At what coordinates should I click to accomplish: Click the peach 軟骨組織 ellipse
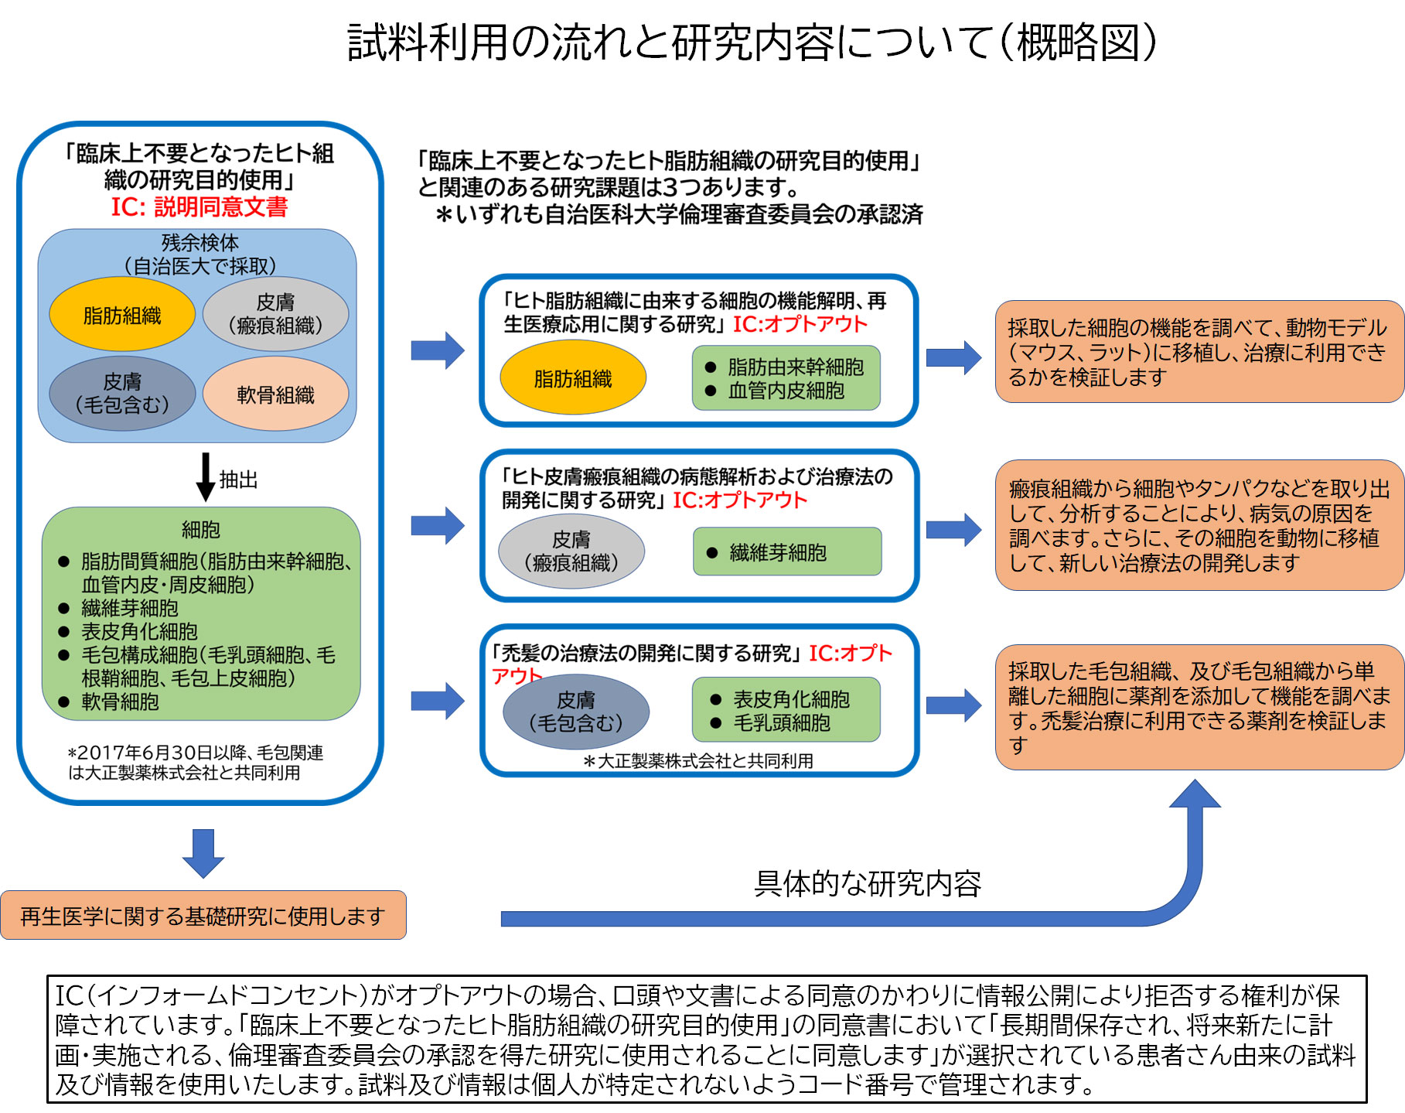click(x=275, y=394)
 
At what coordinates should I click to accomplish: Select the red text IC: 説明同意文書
click(x=199, y=207)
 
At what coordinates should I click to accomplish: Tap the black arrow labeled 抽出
click(x=205, y=476)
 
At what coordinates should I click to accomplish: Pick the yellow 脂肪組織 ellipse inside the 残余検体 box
click(x=122, y=315)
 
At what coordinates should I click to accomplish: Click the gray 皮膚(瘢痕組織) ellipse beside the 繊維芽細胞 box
click(x=571, y=551)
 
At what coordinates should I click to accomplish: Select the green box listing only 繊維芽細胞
click(x=786, y=551)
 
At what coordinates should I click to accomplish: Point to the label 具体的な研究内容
click(x=867, y=883)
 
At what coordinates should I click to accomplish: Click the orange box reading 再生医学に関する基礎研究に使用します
click(x=203, y=916)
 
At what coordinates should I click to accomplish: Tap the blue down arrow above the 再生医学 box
click(x=203, y=853)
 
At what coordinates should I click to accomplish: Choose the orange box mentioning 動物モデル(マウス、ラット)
click(x=1199, y=352)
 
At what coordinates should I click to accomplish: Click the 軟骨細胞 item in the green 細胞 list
click(x=120, y=702)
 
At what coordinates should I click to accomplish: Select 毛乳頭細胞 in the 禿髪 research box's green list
click(x=781, y=723)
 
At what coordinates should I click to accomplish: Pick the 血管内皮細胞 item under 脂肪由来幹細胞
click(x=786, y=391)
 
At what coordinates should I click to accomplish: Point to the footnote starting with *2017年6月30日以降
click(x=195, y=763)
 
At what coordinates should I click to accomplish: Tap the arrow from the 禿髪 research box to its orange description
click(x=953, y=704)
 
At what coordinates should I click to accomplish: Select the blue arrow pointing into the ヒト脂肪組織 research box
click(x=438, y=350)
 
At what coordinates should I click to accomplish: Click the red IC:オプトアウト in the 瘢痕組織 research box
click(x=739, y=500)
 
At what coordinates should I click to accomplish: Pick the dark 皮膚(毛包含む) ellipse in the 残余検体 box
click(x=122, y=393)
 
